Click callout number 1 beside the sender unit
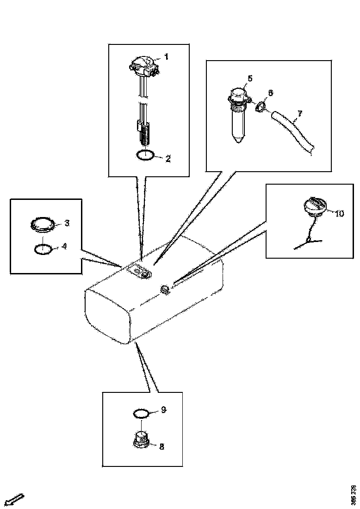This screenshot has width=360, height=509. [166, 57]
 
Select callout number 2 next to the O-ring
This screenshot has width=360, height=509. [168, 159]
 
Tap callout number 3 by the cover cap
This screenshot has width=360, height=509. [67, 223]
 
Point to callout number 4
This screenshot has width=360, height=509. [64, 246]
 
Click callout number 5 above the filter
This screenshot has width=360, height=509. [249, 79]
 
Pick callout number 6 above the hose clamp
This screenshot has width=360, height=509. [271, 93]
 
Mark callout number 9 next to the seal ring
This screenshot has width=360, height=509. [163, 410]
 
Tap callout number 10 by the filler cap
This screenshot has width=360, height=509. [340, 213]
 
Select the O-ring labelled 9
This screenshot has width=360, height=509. [141, 413]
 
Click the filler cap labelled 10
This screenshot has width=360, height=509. [314, 207]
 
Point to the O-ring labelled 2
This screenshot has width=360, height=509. [146, 155]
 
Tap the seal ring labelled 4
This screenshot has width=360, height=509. [43, 249]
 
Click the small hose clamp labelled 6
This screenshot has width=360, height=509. [261, 107]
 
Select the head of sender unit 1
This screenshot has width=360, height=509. [143, 65]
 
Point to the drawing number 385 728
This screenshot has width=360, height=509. [354, 495]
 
